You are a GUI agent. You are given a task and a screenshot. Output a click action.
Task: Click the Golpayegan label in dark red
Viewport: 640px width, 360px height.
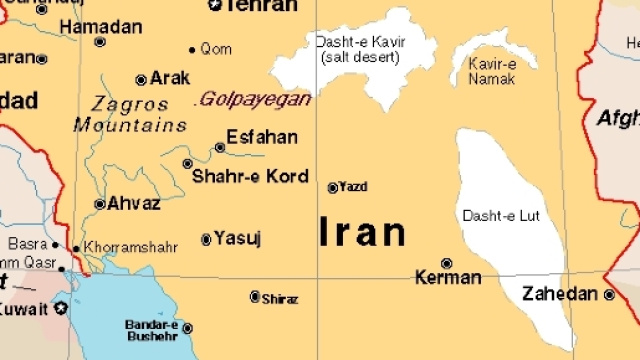pos(255,99)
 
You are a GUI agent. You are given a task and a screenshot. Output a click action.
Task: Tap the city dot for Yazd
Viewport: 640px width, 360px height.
pos(333,187)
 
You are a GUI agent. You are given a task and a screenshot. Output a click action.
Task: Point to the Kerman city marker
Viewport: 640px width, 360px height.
pos(446,263)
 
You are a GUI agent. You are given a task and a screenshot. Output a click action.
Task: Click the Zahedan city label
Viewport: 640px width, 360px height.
pos(560,294)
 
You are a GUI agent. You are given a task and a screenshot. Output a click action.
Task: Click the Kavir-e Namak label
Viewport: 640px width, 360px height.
pos(491,70)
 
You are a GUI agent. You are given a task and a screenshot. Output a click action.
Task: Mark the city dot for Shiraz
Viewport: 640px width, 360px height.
pos(255,296)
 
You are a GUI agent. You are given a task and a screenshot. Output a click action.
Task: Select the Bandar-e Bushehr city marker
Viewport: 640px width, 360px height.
pos(187,328)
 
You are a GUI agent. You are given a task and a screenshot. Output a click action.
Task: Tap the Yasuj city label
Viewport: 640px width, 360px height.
pos(238,238)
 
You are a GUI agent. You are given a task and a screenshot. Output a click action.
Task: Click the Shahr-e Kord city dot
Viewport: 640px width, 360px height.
pos(187,163)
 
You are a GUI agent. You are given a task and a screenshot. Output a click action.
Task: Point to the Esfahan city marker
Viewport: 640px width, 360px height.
pos(220,147)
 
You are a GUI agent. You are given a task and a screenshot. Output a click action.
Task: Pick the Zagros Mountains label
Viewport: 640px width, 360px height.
pos(130,114)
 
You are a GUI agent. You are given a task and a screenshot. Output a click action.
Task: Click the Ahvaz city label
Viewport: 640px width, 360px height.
pos(134,203)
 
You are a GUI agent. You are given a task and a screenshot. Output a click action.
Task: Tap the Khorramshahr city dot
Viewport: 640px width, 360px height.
pos(76,247)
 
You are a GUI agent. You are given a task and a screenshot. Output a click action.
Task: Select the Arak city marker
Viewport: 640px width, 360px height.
pos(141,79)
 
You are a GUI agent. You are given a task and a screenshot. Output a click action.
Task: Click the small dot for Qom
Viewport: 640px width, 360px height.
pos(192,49)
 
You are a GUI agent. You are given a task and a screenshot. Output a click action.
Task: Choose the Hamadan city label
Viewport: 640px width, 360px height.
pos(100,27)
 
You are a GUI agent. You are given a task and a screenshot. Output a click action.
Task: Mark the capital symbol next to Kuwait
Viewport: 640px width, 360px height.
pos(60,308)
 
